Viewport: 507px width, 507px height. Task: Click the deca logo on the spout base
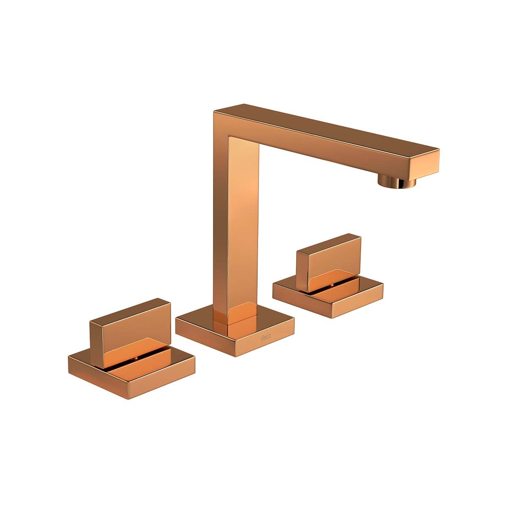pos(265,338)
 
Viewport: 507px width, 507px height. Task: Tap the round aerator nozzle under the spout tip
pos(397,182)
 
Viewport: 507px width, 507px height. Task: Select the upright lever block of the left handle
pos(130,333)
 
